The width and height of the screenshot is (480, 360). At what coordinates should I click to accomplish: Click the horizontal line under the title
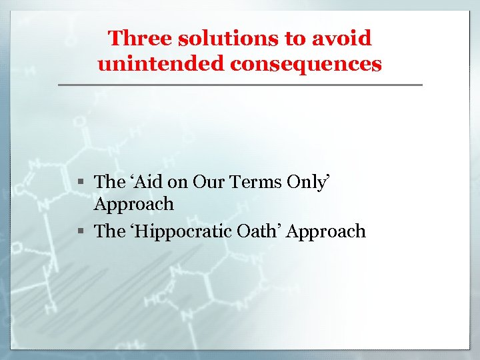click(x=240, y=85)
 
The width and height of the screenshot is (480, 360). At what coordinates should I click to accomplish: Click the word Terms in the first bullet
click(x=251, y=181)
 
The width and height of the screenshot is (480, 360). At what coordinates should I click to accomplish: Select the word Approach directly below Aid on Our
click(x=133, y=204)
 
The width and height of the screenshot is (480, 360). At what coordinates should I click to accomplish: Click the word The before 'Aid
click(x=109, y=181)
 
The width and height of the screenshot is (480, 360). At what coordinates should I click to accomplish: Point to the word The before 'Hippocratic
click(x=109, y=231)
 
